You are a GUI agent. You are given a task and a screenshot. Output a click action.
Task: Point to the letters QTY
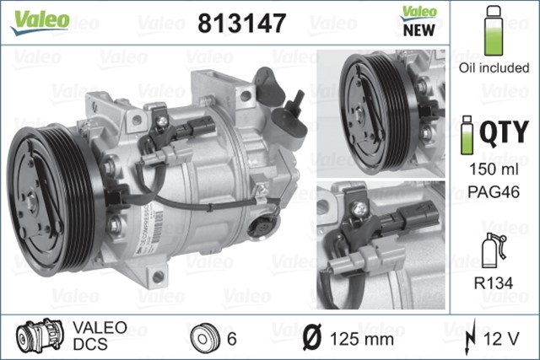[505, 132]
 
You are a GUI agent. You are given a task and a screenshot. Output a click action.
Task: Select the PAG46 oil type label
[494, 192]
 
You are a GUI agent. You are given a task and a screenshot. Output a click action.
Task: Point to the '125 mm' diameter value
[360, 339]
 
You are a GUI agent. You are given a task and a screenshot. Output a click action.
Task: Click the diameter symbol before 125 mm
[310, 339]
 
